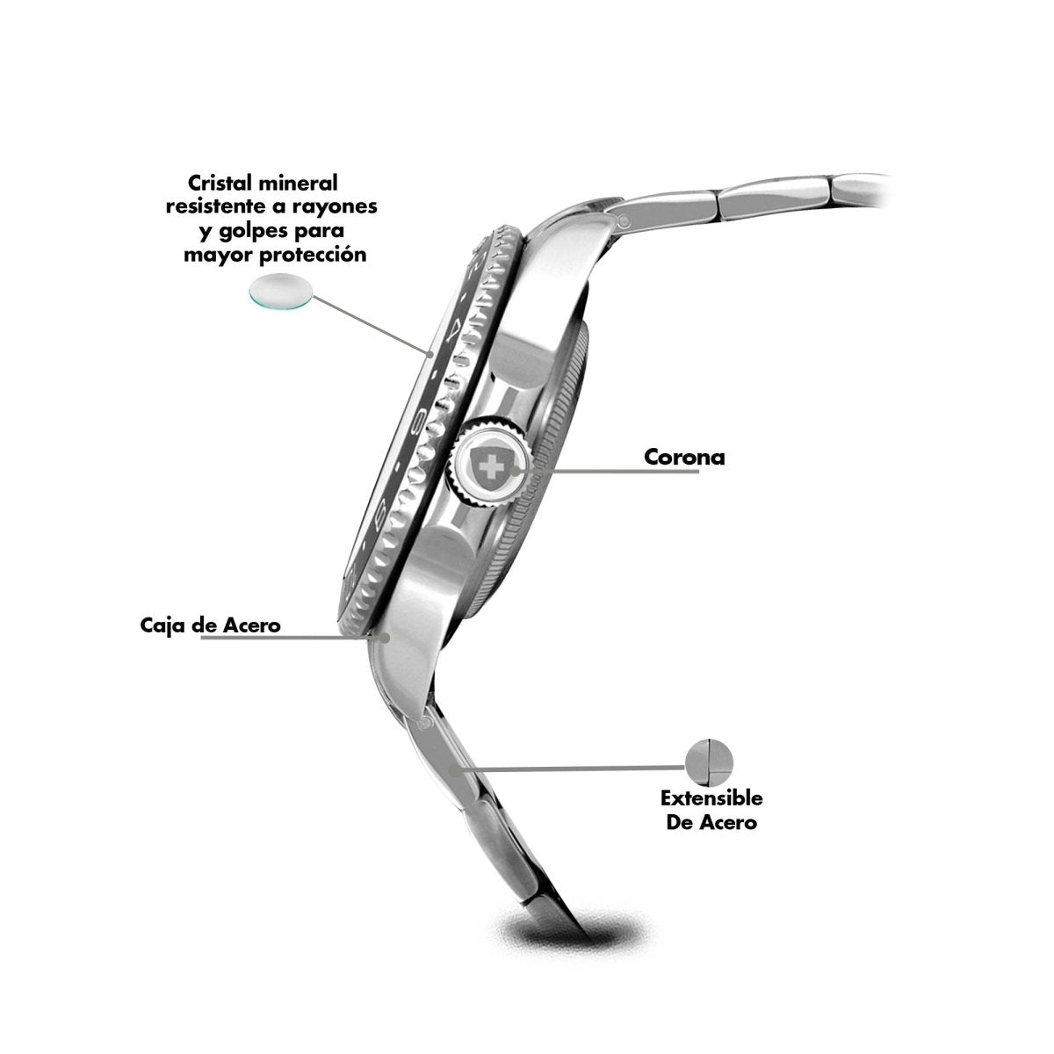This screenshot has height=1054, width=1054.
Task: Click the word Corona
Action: tap(683, 457)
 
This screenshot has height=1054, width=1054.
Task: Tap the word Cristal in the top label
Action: tap(220, 182)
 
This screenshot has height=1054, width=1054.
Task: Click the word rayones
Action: tap(333, 206)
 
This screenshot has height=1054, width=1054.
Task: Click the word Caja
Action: tap(162, 624)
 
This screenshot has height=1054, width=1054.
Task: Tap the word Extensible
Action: tap(711, 798)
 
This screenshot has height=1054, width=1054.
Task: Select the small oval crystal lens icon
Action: tap(281, 291)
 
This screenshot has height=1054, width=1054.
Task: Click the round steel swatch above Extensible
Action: tap(709, 762)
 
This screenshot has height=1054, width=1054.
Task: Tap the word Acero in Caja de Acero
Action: tap(252, 624)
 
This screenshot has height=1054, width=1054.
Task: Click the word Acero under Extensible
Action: tap(727, 823)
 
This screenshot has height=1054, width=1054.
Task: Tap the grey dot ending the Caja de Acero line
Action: tap(386, 637)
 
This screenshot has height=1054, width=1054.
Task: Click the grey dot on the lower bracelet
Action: tap(453, 770)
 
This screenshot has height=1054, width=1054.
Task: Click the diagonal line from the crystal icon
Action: tap(372, 326)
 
